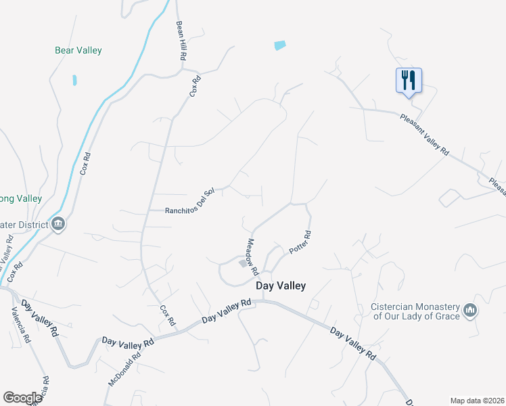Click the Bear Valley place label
(x=78, y=50)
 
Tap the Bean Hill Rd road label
(x=180, y=41)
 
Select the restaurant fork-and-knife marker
(x=408, y=81)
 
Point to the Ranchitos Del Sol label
(x=190, y=210)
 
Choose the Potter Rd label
(x=299, y=242)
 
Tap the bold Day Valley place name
(x=281, y=286)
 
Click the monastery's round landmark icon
(x=470, y=311)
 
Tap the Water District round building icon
(x=58, y=224)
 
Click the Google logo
(x=22, y=398)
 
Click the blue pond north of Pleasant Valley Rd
(x=280, y=45)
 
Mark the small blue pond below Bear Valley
(x=74, y=80)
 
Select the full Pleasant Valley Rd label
(x=424, y=135)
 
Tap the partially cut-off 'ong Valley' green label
(x=21, y=199)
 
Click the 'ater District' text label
(x=24, y=225)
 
